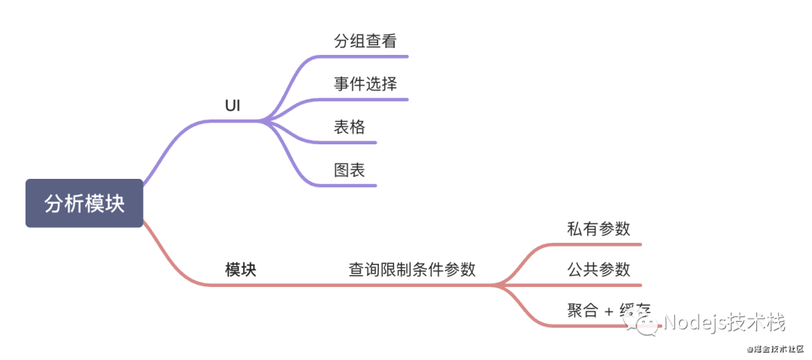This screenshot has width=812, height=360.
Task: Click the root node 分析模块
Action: (84, 203)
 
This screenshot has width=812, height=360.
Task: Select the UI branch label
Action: (232, 106)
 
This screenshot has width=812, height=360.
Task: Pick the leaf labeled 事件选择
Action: (365, 83)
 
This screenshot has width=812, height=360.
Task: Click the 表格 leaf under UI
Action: (350, 127)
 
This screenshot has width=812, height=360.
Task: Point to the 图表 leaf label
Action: (350, 170)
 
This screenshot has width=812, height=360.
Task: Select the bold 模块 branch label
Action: (241, 270)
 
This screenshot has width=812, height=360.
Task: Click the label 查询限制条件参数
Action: (412, 270)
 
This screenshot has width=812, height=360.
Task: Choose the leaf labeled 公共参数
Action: (598, 269)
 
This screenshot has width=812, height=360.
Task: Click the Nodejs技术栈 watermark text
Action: (726, 324)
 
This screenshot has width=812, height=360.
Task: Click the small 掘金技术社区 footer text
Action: (774, 349)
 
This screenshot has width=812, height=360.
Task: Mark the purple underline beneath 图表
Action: (353, 185)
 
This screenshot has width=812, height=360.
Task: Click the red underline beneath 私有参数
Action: (601, 244)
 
